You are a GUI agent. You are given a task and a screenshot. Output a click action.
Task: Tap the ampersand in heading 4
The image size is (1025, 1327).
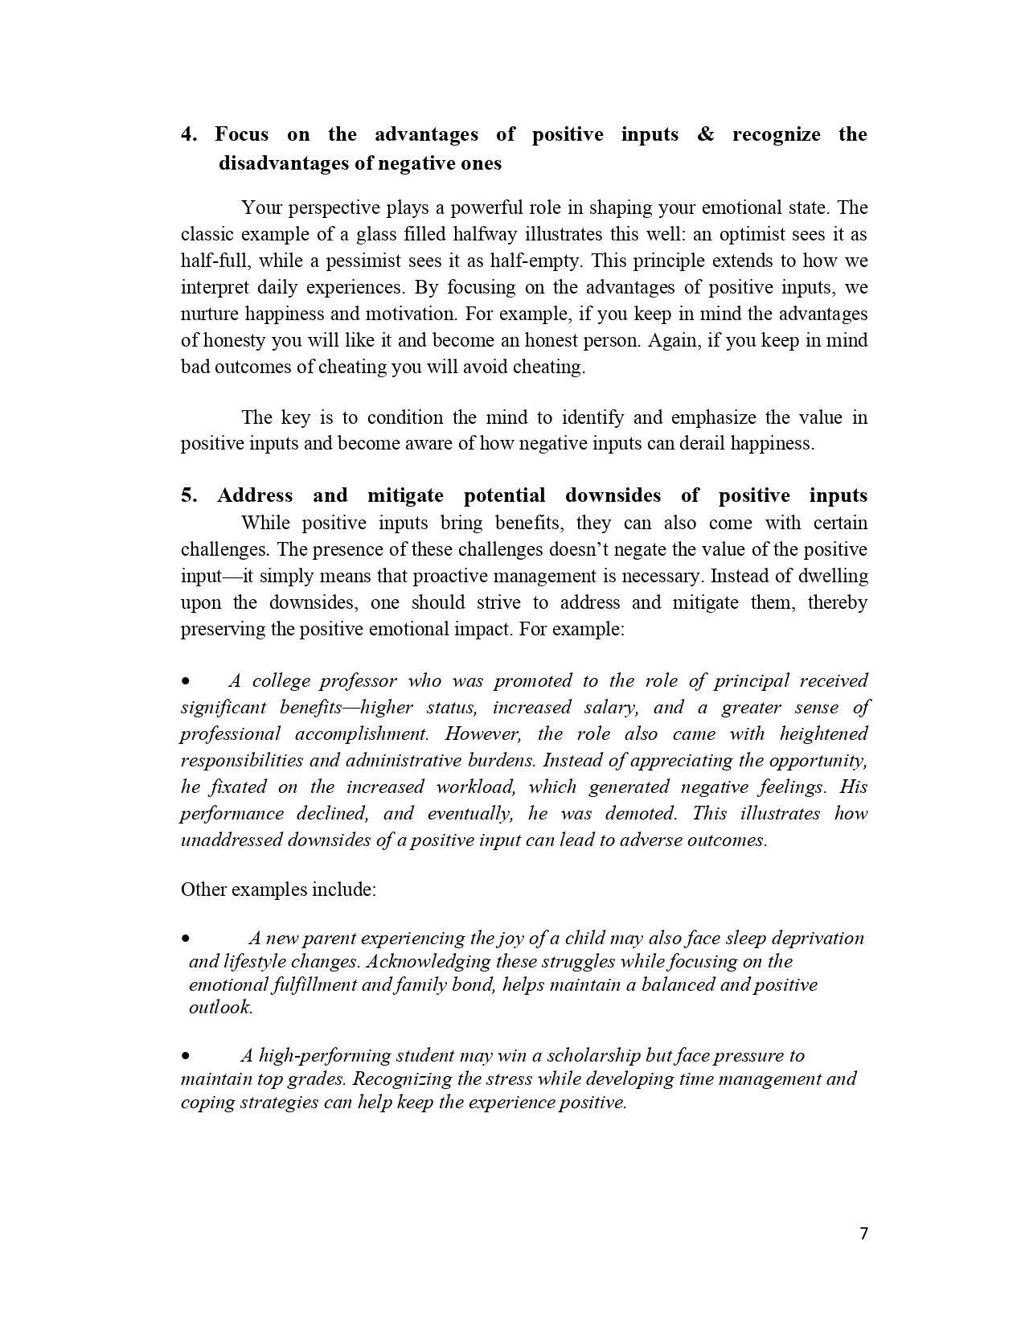pos(705,135)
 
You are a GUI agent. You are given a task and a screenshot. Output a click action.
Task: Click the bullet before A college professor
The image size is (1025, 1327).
pos(186,682)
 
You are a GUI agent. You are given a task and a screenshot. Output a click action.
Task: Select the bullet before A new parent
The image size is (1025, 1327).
pos(186,939)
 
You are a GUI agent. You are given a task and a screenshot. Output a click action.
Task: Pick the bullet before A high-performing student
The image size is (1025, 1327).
pos(186,1057)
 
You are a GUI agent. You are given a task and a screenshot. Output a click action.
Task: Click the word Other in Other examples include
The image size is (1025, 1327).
pos(204,890)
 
